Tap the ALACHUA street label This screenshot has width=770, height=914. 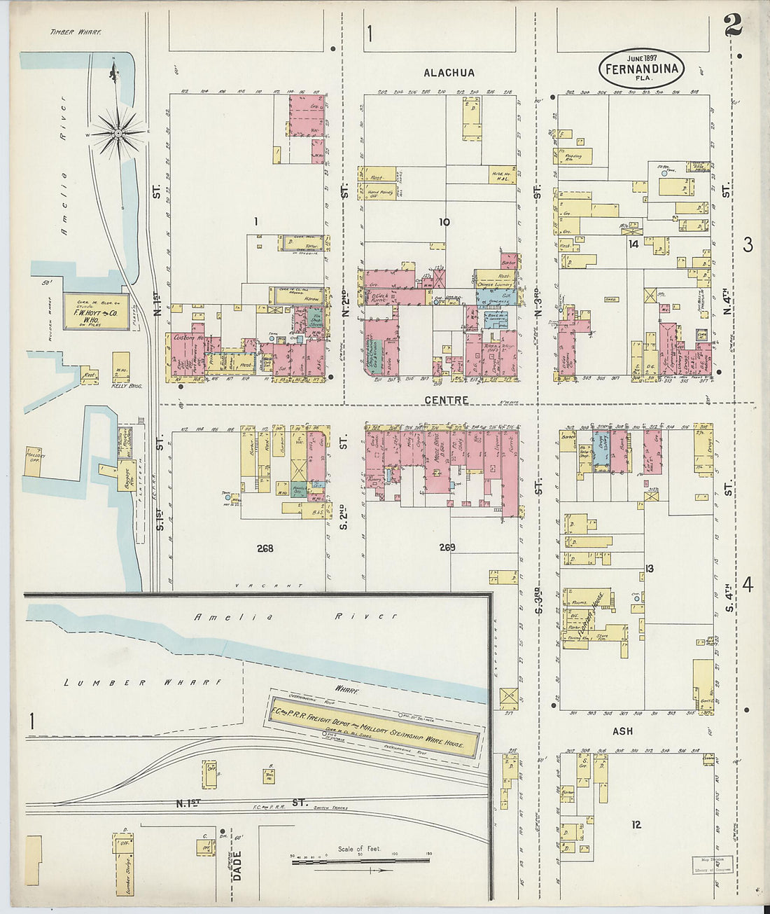pos(449,73)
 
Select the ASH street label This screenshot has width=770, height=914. pos(622,731)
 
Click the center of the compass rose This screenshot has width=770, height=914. pos(118,131)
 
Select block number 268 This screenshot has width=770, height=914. pos(265,548)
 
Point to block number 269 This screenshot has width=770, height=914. pos(445,548)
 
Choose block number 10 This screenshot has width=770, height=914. pos(444,222)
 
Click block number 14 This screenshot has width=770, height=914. pos(633,244)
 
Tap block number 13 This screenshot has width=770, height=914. pos(649,568)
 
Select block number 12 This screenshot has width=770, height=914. pos(636,824)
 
